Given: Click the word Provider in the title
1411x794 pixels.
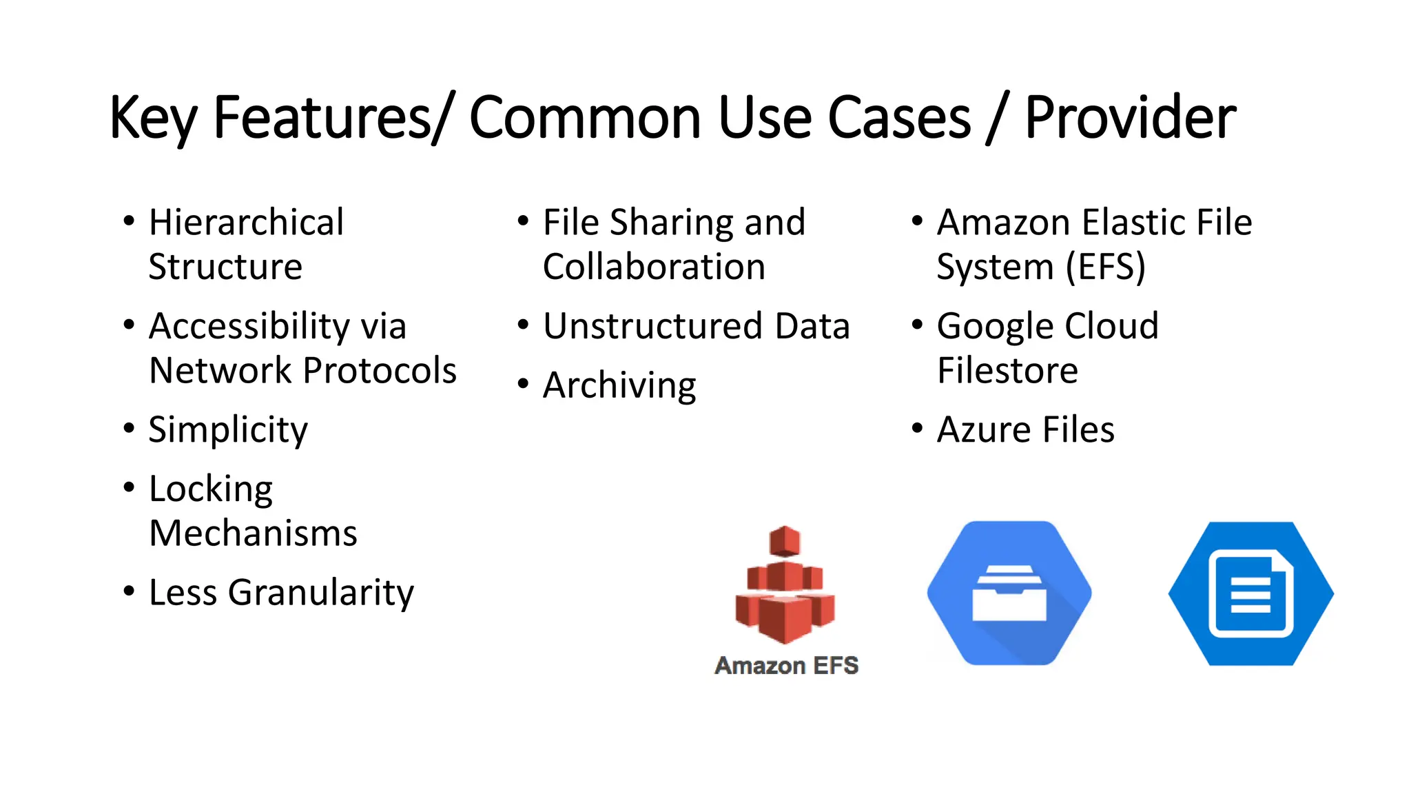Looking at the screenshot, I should coord(1130,119).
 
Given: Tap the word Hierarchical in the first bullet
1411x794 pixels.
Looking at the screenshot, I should coord(246,223).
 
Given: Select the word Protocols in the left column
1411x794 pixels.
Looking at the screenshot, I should coord(380,371).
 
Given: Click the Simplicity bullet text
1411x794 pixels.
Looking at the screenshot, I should coord(228,430).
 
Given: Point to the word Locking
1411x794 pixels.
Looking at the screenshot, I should coord(211,489).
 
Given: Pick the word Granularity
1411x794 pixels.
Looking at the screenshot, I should coord(321,593).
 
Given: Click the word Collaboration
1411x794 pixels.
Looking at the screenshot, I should coord(654,267).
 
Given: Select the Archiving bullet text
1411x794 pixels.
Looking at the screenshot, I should coord(619,385).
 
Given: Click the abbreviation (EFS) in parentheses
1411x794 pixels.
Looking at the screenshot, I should coord(1106,267).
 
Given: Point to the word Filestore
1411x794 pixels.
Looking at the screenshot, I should coord(1007,371).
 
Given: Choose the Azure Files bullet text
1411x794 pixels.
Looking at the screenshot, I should coord(1025,430).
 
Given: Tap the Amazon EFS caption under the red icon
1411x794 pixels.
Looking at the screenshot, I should coord(786,666).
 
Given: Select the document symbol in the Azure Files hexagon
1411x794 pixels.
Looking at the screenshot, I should coord(1250,594).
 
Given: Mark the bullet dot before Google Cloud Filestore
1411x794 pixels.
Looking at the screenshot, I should coord(917,325).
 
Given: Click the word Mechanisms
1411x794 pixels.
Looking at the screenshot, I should coord(253,533).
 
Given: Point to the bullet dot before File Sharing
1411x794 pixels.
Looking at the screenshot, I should coord(523,221).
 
